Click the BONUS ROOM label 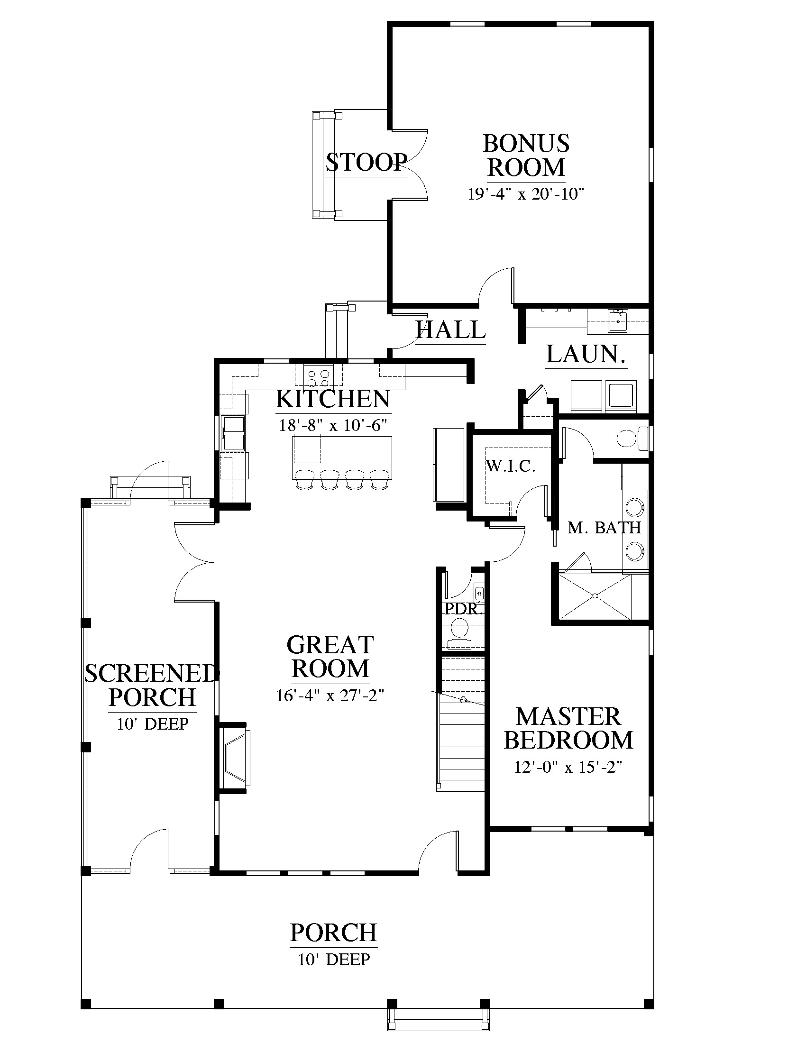526,156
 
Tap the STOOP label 366,162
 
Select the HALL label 451,329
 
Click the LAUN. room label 586,354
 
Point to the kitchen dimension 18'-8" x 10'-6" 333,425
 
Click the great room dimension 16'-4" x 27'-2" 330,696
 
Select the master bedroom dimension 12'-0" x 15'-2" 568,768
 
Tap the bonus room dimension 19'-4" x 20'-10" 526,194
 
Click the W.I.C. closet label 511,466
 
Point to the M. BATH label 604,528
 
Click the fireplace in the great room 234,759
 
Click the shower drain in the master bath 595,595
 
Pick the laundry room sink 618,320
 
